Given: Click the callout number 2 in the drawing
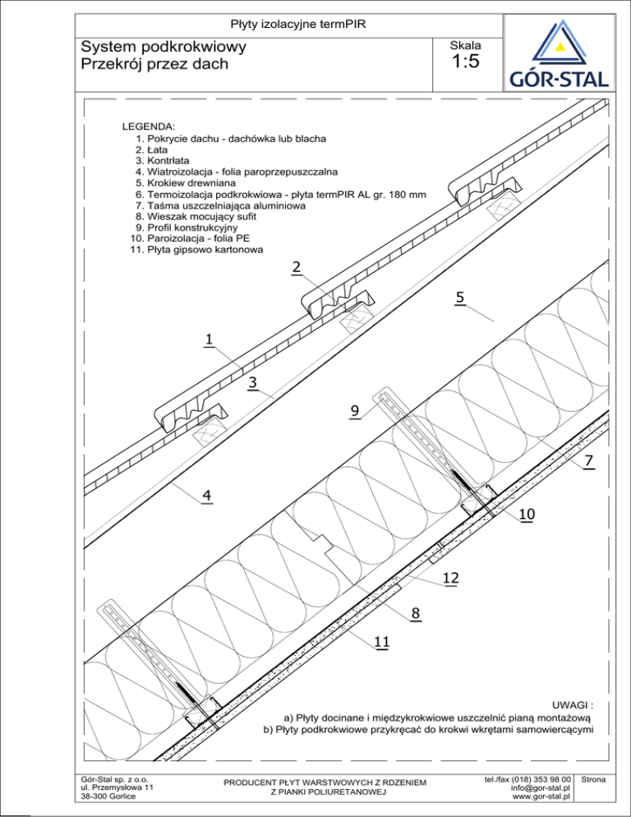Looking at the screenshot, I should coord(296,267).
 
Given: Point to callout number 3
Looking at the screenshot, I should coord(253,383).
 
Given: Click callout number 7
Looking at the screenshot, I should coord(588,463).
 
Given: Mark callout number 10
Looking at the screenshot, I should coord(527,515).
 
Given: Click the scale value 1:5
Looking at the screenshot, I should coord(466,63).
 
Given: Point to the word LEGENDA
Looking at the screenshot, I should coord(148,127).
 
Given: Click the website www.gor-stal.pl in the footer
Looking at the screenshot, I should coord(541,796).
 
